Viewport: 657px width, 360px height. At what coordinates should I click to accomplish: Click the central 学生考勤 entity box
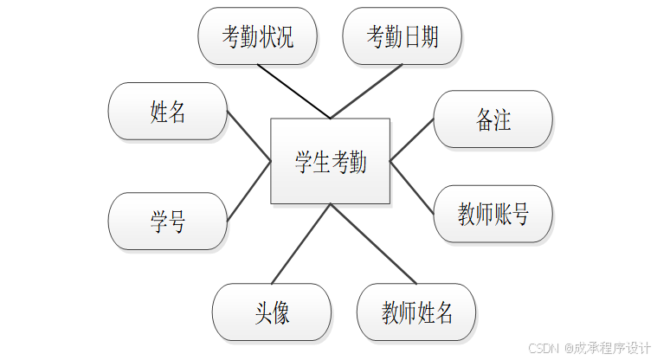point(330,161)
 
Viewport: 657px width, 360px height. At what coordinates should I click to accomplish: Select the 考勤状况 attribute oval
point(257,36)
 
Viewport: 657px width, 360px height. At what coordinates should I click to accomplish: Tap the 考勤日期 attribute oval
point(402,36)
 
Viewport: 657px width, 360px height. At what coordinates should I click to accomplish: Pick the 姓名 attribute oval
point(167,111)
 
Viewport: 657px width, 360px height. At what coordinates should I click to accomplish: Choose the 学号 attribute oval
point(167,222)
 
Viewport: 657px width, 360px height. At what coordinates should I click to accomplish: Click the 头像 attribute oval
point(272,312)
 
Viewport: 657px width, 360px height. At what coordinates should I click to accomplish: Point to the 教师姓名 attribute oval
point(416,312)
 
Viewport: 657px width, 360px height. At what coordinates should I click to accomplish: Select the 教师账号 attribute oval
point(493,214)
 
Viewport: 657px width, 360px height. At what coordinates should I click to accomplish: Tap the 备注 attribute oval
point(493,119)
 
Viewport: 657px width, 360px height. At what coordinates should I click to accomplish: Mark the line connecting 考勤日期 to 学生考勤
point(366,91)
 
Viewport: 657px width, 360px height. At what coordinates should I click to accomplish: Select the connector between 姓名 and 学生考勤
point(249,136)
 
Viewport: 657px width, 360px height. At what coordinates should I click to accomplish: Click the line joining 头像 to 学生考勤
point(301,244)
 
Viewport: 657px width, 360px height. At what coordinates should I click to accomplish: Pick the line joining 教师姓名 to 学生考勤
point(373,244)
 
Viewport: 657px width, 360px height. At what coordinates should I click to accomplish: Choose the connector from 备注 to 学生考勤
point(412,139)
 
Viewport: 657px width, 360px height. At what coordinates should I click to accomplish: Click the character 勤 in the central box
point(357,162)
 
